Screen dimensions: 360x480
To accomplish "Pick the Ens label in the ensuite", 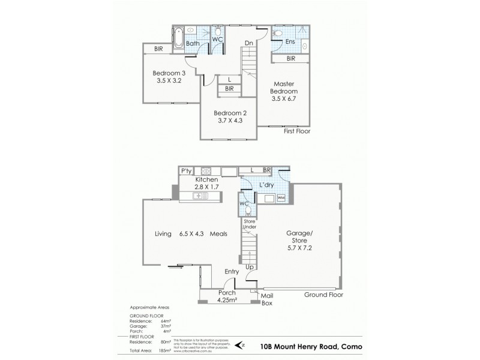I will click(290, 41).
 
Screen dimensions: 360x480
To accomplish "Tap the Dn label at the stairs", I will click(248, 43).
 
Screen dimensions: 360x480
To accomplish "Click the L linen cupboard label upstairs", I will click(230, 79).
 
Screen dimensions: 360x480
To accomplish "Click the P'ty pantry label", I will click(186, 171).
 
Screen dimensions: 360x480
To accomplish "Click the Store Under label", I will click(250, 225).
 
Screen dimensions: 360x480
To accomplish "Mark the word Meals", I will click(218, 234).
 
